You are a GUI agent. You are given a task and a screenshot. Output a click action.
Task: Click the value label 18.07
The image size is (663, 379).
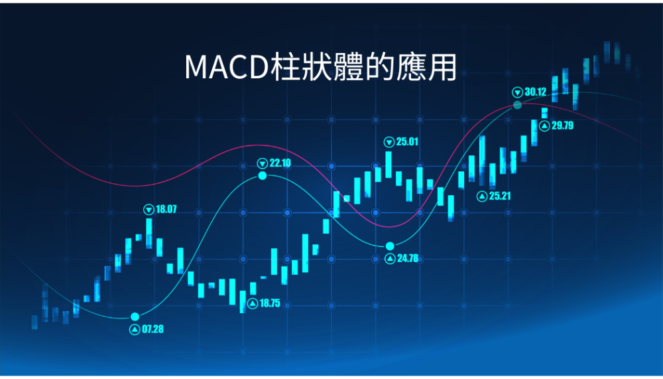[166, 209]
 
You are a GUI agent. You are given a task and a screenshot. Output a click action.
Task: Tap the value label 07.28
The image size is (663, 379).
[152, 329]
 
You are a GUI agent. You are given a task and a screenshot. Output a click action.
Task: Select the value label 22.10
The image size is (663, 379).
[280, 163]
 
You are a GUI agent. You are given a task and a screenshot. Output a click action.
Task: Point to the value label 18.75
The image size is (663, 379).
[270, 303]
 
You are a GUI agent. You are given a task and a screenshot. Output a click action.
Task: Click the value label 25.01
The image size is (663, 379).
[407, 141]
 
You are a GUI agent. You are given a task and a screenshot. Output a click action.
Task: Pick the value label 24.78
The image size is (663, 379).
[408, 258]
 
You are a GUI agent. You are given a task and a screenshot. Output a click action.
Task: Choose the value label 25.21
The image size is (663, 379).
[500, 196]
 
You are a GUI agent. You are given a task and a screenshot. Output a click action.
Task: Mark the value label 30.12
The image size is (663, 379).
[535, 92]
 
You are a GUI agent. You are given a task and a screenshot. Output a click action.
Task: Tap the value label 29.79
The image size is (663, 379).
[562, 125]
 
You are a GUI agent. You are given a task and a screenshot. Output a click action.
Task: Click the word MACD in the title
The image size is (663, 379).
[227, 67]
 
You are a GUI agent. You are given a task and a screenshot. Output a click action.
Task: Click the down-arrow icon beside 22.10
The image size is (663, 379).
[263, 163]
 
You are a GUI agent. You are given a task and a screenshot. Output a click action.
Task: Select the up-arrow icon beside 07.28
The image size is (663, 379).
[135, 329]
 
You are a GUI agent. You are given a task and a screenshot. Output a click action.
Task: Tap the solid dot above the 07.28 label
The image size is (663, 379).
[135, 317]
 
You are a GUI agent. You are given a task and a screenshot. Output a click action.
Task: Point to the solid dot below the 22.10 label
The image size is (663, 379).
[263, 175]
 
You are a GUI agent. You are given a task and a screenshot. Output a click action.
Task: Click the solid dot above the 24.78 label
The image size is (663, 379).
[390, 246]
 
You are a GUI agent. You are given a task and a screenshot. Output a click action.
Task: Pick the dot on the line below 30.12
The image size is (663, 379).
[518, 105]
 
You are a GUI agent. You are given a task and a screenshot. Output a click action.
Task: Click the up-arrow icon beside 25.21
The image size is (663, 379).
[482, 196]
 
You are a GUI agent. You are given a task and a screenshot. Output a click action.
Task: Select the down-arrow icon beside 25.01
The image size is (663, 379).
[389, 142]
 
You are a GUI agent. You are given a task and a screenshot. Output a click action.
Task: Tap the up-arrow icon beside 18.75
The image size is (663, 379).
[253, 303]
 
